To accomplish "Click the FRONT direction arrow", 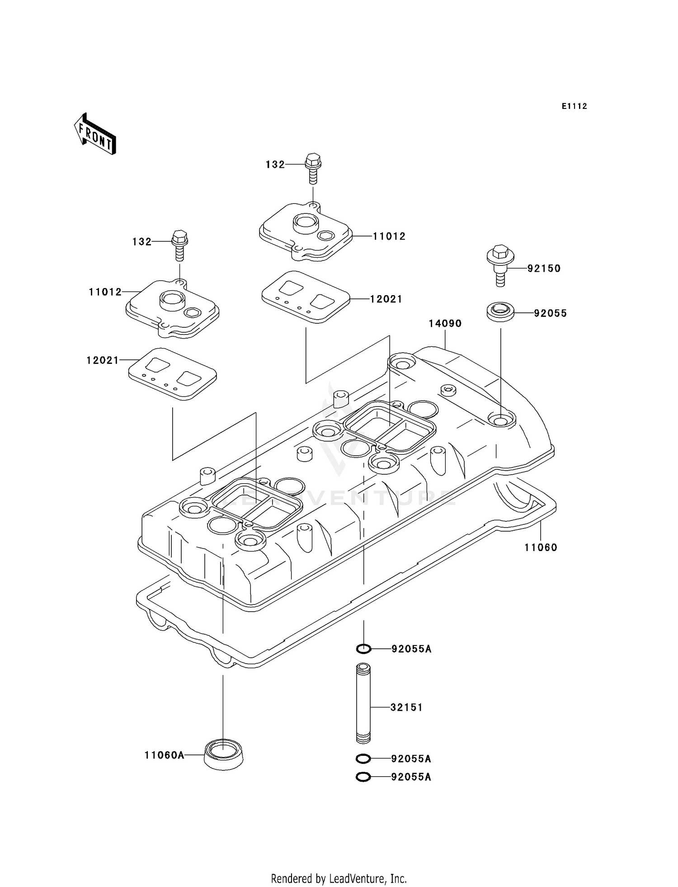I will [x=95, y=135].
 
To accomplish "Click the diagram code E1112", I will [x=574, y=106].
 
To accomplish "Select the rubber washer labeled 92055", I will [x=500, y=312].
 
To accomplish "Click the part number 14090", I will [x=445, y=324].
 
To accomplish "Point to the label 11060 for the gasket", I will [x=541, y=547].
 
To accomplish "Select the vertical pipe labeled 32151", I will [x=363, y=703].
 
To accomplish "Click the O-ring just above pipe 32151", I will [x=363, y=649].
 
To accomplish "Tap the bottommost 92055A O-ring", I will [x=363, y=777].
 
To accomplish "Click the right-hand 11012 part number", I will [x=389, y=236].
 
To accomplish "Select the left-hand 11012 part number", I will [x=105, y=292].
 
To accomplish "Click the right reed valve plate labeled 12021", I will [x=306, y=297].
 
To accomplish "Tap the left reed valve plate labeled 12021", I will [x=172, y=373].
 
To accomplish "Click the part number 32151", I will [x=406, y=708].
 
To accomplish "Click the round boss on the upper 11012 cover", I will [x=306, y=223].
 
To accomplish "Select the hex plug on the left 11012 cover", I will [x=193, y=312].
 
